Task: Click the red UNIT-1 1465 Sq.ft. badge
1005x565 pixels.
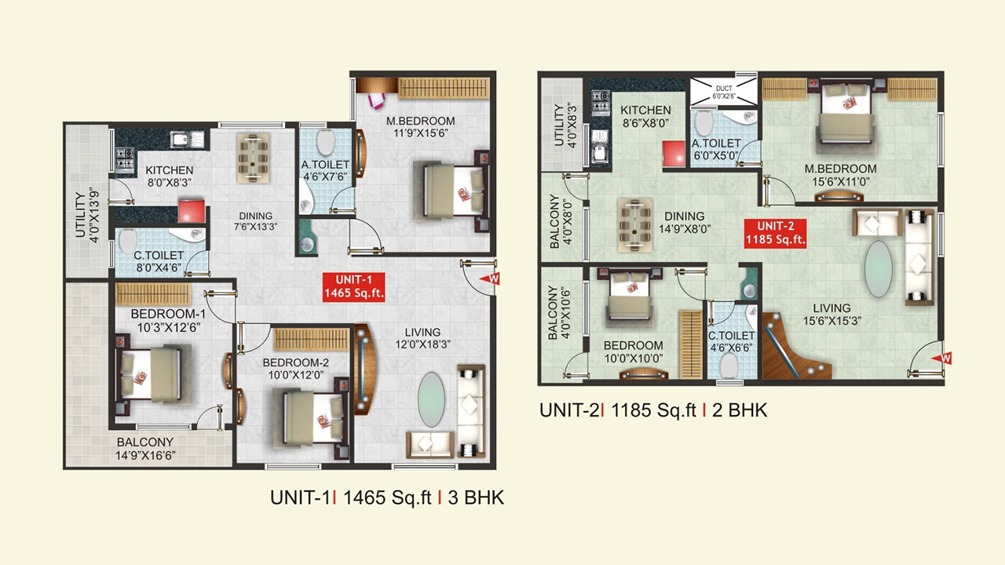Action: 353,287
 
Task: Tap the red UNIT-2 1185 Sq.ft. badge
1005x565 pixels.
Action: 775,233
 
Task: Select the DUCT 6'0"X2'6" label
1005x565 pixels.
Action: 724,93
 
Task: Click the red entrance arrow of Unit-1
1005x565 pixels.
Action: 489,279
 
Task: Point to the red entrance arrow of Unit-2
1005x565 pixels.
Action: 941,359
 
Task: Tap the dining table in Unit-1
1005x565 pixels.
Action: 254,158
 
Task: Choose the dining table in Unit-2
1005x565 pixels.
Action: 634,224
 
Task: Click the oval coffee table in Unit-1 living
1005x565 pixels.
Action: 431,399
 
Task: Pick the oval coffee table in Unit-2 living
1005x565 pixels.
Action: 878,269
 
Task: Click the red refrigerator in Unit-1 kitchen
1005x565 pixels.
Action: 192,211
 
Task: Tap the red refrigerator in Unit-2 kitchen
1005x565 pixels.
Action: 674,153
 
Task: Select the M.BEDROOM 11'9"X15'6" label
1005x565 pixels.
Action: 420,127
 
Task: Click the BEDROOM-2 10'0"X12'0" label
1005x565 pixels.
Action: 296,369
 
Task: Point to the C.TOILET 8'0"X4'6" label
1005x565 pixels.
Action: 159,261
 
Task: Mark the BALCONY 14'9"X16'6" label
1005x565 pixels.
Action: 145,449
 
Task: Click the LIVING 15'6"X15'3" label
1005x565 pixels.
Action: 831,315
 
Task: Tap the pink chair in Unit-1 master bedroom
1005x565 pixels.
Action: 376,100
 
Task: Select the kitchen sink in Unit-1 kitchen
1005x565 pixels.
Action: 187,140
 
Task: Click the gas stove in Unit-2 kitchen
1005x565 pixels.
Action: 601,101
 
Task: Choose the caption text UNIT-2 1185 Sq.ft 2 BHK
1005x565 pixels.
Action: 653,410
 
